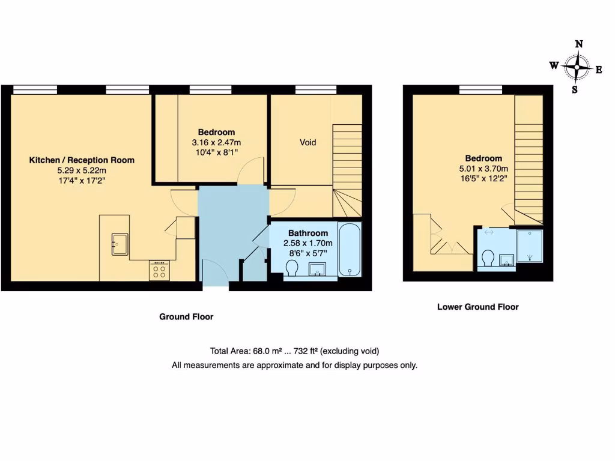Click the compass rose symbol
tap(577, 67)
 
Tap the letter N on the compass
tap(579, 44)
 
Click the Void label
tap(307, 143)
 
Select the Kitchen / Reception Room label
tap(82, 160)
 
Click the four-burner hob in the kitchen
tap(160, 270)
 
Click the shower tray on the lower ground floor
tap(529, 246)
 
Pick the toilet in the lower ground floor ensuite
tap(488, 258)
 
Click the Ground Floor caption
tap(186, 317)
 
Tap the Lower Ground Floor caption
tap(477, 307)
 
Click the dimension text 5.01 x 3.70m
tap(483, 169)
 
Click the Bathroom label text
tap(308, 233)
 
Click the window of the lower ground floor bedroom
tap(480, 90)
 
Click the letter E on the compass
tap(598, 70)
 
